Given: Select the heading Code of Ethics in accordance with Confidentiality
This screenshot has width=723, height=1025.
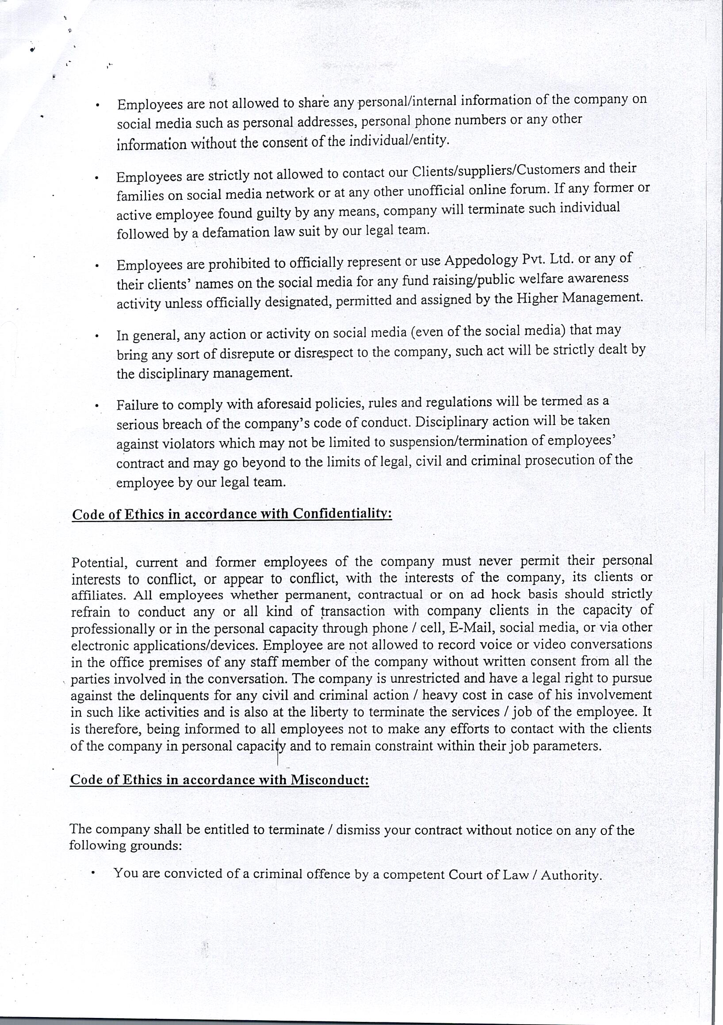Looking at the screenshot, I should pos(232,514).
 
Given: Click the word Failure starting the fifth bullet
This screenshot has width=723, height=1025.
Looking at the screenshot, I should pos(137,405).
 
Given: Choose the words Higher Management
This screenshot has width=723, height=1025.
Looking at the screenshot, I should pos(579,298).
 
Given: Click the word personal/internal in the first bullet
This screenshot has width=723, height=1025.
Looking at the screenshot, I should pos(408,102).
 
